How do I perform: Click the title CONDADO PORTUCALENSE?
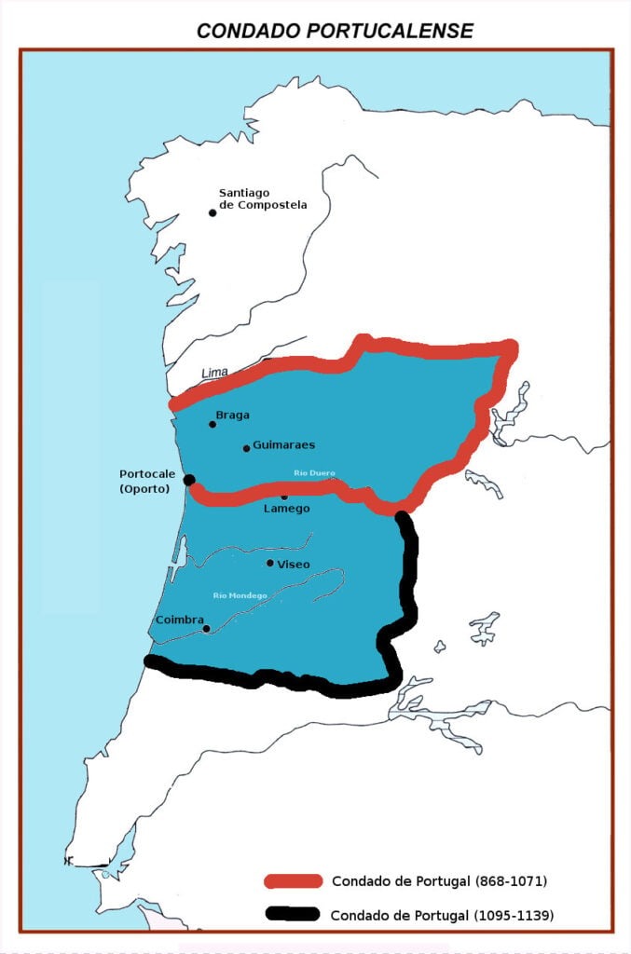(335, 31)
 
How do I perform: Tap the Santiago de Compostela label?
(262, 198)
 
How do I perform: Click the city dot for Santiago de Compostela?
(213, 212)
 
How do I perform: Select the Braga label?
(232, 416)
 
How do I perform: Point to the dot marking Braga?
(213, 424)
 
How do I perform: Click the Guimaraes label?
(283, 445)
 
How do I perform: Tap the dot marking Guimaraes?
(246, 448)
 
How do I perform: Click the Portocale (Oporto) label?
(144, 481)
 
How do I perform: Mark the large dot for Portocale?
(189, 480)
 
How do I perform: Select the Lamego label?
(286, 509)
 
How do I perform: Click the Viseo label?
(293, 565)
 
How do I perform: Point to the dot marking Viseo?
(270, 563)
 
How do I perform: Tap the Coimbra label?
(179, 619)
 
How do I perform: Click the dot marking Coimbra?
(206, 628)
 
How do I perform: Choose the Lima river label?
(214, 373)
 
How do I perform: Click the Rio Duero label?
(313, 472)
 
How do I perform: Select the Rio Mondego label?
(240, 595)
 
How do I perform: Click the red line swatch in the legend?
(293, 880)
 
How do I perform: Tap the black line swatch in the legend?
(293, 915)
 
